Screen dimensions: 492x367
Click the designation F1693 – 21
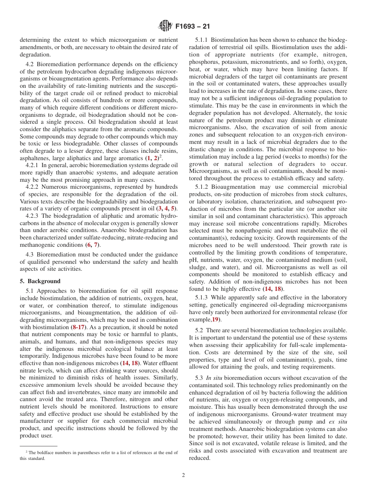[x=192, y=27]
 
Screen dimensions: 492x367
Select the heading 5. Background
[x=40, y=281]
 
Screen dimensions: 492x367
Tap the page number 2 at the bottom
[x=183, y=475]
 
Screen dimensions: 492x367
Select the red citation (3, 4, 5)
[x=167, y=208]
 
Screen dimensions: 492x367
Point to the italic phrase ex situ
[x=338, y=422]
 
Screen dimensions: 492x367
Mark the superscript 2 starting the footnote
[x=26, y=452]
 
